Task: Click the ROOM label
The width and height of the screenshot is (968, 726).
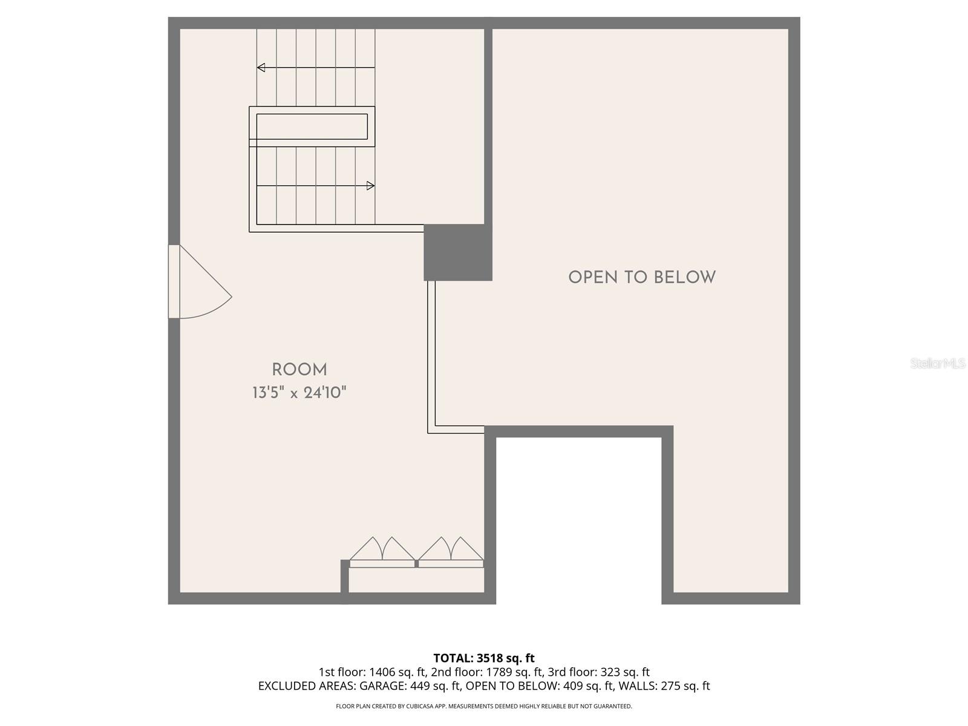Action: (x=299, y=370)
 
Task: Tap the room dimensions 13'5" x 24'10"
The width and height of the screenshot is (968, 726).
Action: (x=299, y=393)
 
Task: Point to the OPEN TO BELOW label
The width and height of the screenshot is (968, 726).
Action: (x=642, y=278)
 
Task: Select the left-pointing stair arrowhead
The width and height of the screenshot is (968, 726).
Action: (x=261, y=68)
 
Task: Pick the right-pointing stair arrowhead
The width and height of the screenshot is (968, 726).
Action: (x=370, y=186)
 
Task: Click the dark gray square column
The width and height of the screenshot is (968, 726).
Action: (x=457, y=252)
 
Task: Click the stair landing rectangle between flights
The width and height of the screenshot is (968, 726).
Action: (x=312, y=126)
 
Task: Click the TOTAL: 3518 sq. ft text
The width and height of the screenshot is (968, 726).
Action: (x=484, y=658)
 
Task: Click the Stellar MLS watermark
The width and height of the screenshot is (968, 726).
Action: (x=938, y=364)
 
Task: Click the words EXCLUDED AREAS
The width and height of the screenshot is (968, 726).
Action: (x=307, y=686)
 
